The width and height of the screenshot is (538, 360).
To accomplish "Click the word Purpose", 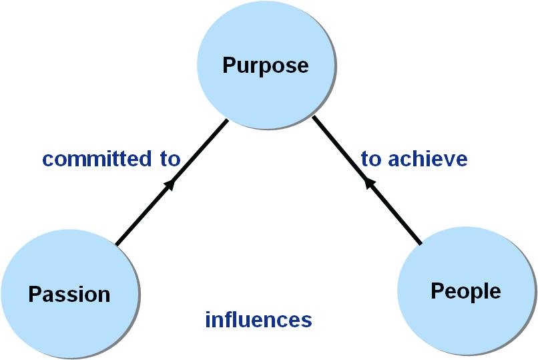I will pyautogui.click(x=265, y=65).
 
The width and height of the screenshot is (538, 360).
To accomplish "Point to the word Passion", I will pyautogui.click(x=69, y=294).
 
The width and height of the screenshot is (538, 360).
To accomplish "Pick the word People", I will pyautogui.click(x=465, y=291).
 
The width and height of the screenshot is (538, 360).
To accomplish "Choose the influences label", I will pyautogui.click(x=258, y=319).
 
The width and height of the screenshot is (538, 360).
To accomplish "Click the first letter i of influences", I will pyautogui.click(x=208, y=319).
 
